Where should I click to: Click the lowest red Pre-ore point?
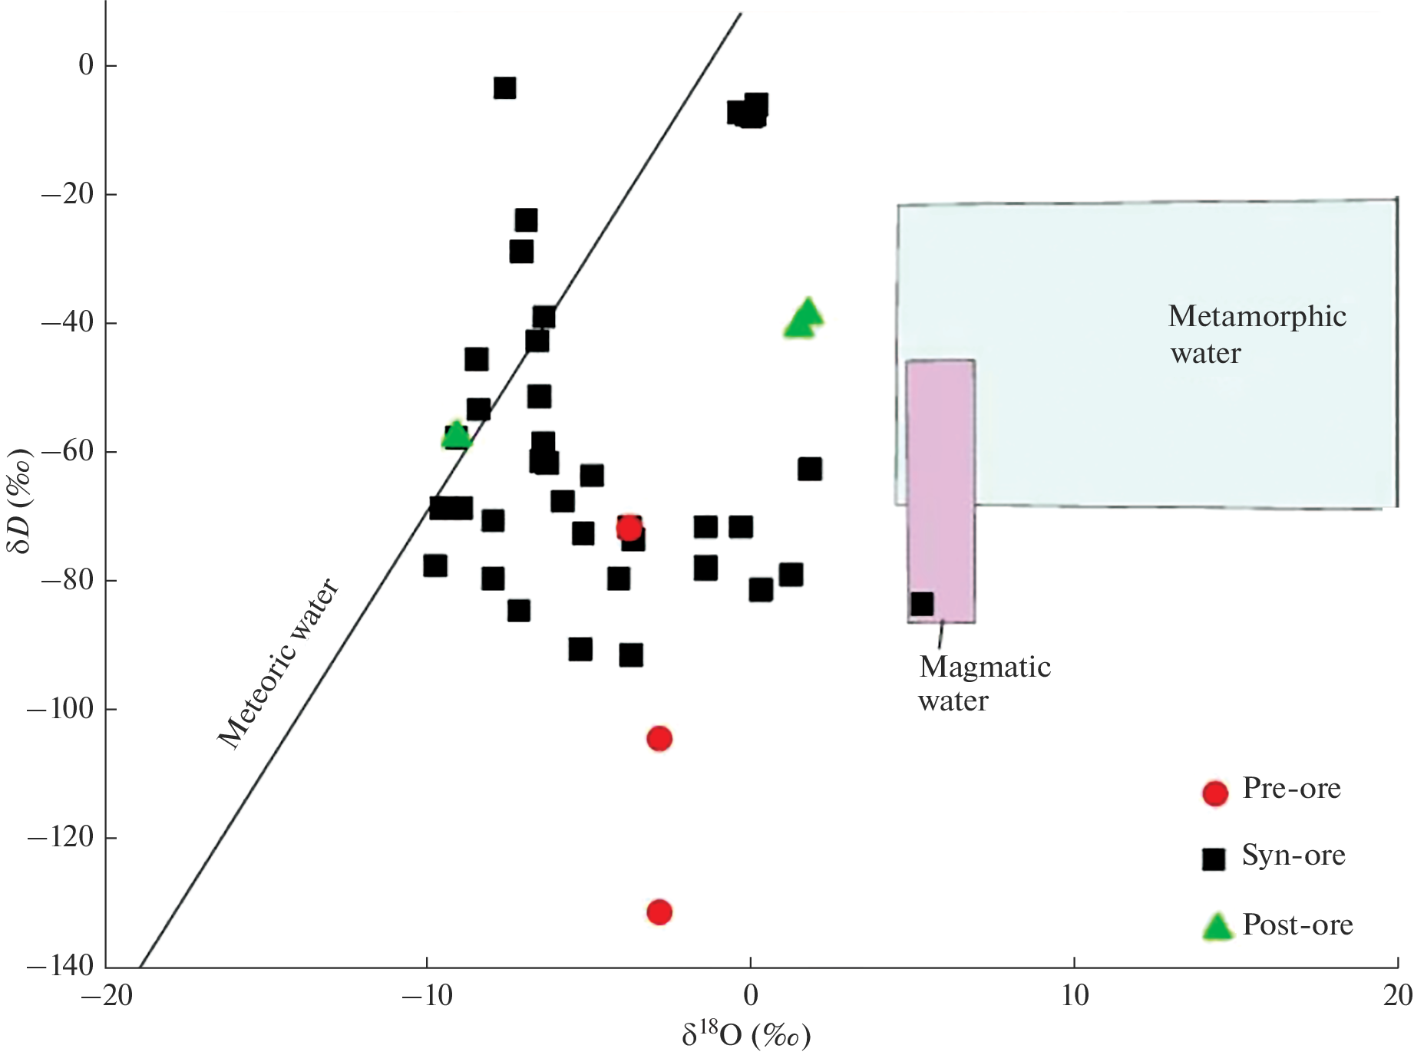click(659, 912)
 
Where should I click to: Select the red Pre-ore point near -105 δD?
click(659, 739)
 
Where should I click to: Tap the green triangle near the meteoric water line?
click(457, 435)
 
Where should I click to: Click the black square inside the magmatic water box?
click(922, 604)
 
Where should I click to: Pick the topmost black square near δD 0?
click(504, 87)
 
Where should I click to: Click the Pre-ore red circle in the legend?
click(1215, 793)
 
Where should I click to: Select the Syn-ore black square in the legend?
click(1213, 859)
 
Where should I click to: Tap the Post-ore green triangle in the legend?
click(1217, 927)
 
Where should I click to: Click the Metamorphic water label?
click(1257, 335)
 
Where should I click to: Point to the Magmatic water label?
click(984, 684)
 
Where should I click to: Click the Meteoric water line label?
click(278, 664)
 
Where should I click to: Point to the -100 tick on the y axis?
click(60, 708)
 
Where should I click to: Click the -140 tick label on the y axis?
click(60, 966)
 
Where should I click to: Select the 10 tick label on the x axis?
click(1074, 996)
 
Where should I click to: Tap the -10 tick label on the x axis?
click(427, 996)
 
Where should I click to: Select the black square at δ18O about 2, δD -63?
click(810, 469)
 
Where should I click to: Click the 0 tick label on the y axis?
click(86, 65)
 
